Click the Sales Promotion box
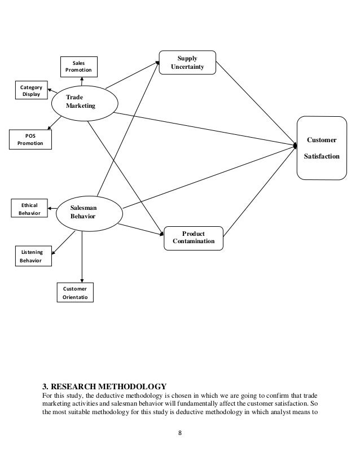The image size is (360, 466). (x=80, y=67)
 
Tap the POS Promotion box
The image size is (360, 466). (x=30, y=139)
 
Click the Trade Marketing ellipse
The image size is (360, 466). (x=84, y=102)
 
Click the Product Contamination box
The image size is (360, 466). (x=194, y=238)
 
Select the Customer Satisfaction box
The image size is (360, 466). (x=321, y=148)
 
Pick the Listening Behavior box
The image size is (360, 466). (x=32, y=256)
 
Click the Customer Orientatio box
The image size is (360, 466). (x=74, y=292)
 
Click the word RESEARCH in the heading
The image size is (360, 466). (x=70, y=386)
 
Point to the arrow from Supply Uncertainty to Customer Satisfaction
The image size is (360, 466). (x=257, y=102)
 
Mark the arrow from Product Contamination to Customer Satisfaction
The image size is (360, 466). (x=260, y=189)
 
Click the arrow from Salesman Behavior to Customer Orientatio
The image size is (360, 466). (x=82, y=254)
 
